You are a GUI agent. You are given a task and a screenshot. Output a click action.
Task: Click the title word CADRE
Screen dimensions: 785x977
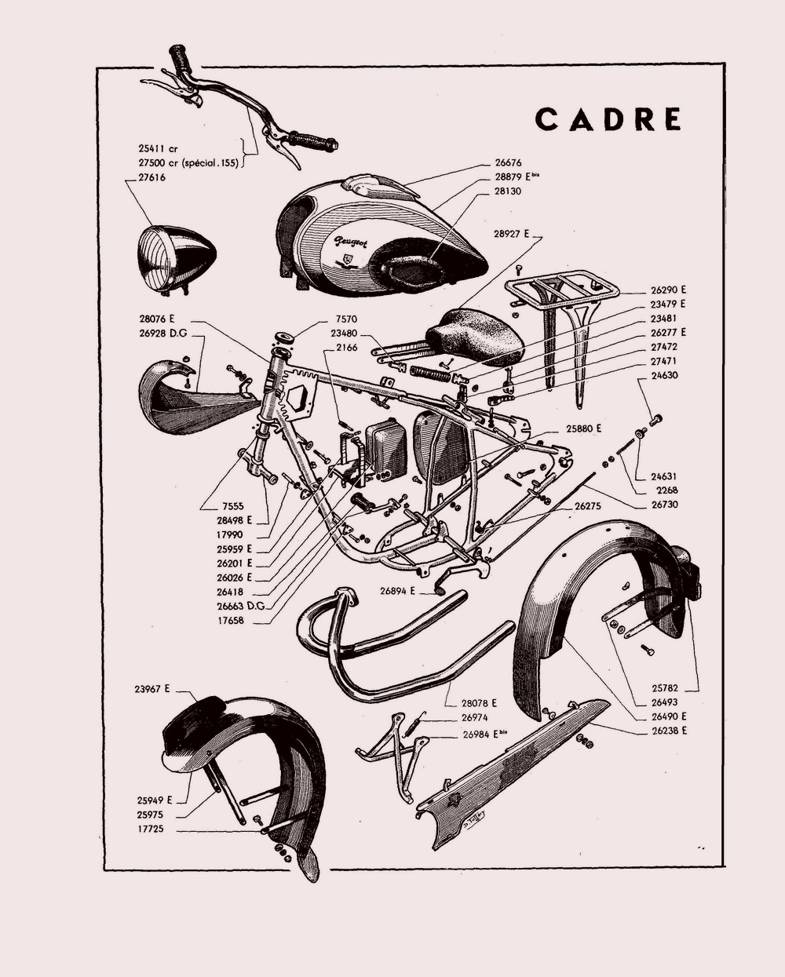608,119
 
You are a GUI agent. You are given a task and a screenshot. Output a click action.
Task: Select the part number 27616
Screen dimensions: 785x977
152,177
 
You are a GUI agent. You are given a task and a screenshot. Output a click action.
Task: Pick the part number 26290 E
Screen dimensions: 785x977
668,290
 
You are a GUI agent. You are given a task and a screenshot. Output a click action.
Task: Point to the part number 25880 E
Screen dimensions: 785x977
583,428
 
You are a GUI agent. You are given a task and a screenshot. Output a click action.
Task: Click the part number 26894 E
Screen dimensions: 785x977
397,591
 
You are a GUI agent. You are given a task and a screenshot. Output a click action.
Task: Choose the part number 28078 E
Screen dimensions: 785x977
480,703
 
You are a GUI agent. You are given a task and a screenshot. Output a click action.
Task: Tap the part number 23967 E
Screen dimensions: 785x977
152,689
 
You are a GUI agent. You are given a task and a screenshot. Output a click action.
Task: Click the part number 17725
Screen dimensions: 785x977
151,829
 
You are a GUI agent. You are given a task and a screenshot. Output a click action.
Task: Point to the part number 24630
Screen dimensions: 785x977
664,375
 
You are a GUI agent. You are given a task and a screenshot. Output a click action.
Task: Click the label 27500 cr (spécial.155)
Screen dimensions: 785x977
188,163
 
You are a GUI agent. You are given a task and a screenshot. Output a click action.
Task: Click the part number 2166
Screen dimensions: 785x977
347,348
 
